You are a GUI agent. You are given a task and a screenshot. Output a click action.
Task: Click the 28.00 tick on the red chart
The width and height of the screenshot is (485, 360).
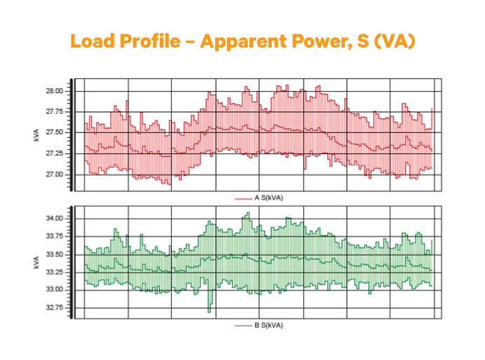tap(54, 91)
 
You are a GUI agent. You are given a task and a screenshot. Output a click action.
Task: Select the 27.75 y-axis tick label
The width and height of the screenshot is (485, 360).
tap(54, 112)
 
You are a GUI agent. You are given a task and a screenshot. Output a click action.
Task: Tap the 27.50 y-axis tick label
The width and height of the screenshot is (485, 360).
tap(54, 132)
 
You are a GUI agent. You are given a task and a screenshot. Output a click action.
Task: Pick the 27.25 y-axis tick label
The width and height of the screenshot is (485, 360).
tap(54, 153)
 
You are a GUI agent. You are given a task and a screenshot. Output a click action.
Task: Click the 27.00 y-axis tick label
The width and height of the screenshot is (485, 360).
tap(54, 174)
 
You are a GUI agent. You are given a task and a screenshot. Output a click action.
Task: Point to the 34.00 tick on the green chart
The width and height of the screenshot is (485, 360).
tap(54, 219)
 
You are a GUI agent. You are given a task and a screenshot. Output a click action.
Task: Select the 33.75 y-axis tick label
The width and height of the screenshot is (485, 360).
tap(54, 237)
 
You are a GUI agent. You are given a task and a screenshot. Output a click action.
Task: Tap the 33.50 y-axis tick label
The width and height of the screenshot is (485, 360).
tap(54, 254)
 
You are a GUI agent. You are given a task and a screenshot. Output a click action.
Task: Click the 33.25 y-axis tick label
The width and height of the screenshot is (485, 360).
tap(54, 272)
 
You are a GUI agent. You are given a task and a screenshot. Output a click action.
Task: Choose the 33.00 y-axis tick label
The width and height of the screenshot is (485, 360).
tap(54, 290)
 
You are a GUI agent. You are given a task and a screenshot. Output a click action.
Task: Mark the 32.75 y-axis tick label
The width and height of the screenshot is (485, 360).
tap(54, 307)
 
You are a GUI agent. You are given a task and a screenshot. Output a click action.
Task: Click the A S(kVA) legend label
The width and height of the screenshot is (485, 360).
tap(268, 198)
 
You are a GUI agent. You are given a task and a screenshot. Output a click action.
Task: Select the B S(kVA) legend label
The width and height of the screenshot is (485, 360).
tap(268, 326)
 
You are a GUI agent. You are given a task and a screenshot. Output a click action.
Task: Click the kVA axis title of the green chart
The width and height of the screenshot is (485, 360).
tap(36, 263)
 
